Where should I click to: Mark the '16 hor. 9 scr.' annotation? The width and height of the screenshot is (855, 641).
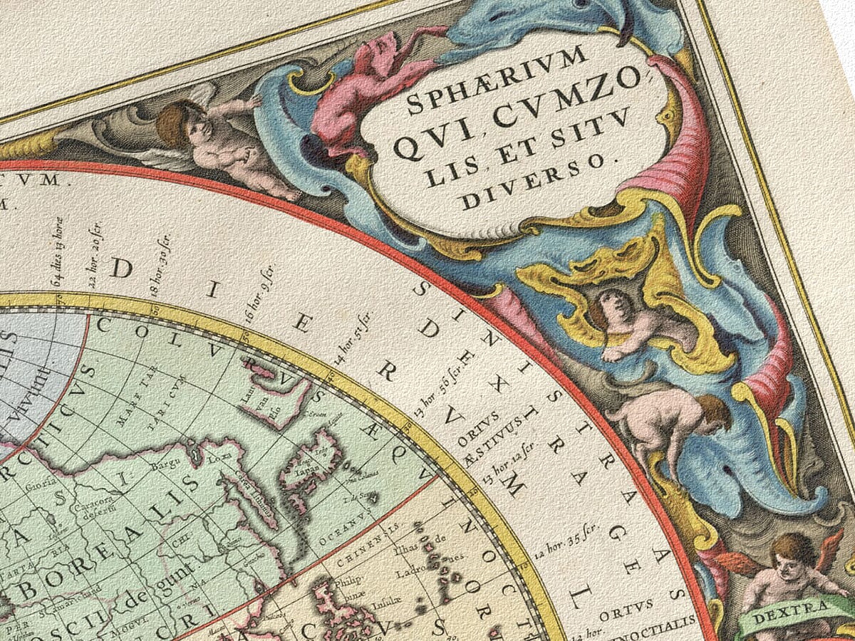tap(260, 293)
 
